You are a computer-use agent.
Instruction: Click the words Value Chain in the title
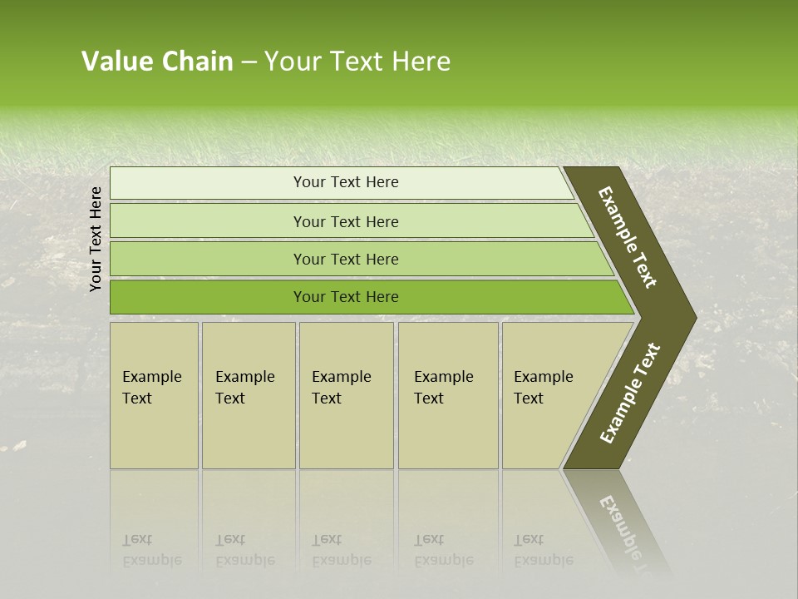tap(157, 62)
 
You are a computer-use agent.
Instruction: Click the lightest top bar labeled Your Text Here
tap(345, 182)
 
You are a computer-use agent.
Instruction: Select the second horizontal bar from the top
tap(346, 221)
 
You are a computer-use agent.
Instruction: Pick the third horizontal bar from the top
tap(346, 259)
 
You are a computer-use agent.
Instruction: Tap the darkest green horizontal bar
tap(346, 297)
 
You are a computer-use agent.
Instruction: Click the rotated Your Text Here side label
tap(96, 239)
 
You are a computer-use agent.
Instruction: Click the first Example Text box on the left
tap(154, 395)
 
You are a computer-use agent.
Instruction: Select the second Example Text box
tap(248, 395)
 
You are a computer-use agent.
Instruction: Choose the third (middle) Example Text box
tap(346, 395)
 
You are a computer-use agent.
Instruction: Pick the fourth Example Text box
tap(447, 395)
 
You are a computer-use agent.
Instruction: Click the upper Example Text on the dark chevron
tap(628, 237)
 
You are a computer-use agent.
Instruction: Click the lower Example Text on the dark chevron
tap(630, 393)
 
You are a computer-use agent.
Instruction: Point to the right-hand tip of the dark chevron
tap(695, 317)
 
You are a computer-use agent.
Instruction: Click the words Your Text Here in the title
tap(357, 62)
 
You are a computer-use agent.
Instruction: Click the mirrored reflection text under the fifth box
tap(543, 550)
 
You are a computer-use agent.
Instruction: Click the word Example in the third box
tap(341, 377)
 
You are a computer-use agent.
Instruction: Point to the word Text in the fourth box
tap(429, 399)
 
